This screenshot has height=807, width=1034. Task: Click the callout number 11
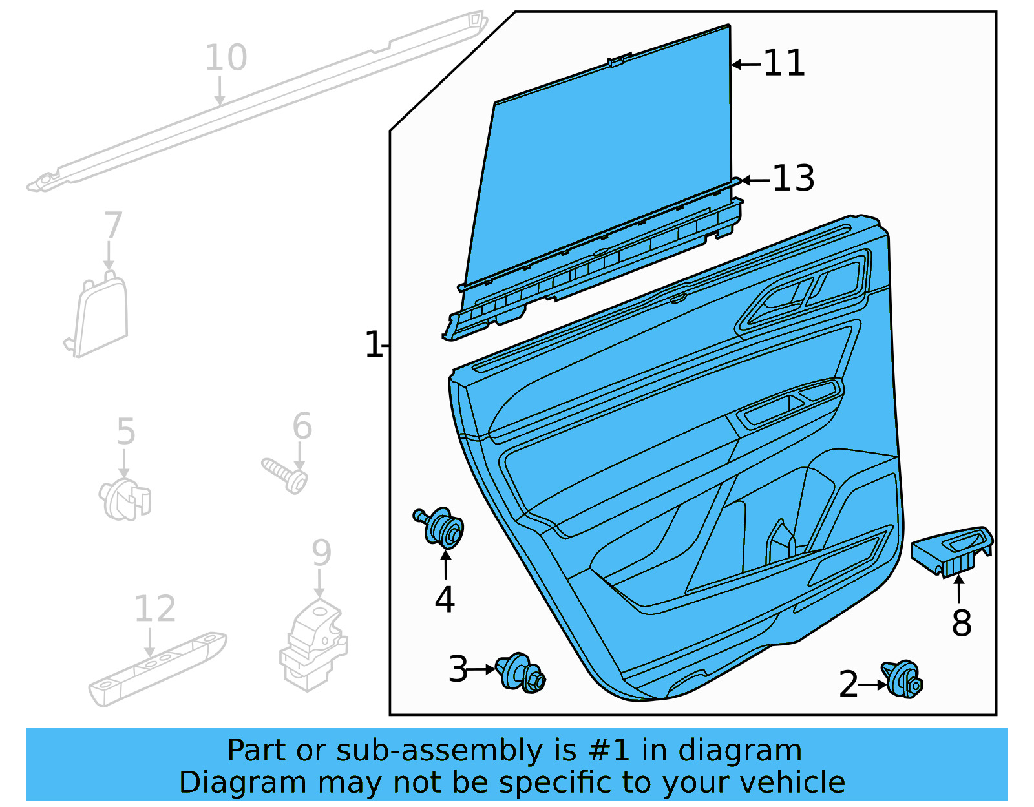[x=784, y=63]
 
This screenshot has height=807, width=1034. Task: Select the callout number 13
[x=793, y=178]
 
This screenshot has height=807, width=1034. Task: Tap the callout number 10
[x=226, y=58]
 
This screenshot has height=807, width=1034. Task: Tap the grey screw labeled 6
[x=285, y=474]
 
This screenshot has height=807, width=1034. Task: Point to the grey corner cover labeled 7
[x=101, y=317]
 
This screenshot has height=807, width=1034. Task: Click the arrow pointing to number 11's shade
[x=746, y=64]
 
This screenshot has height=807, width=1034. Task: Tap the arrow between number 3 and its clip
[x=480, y=669]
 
